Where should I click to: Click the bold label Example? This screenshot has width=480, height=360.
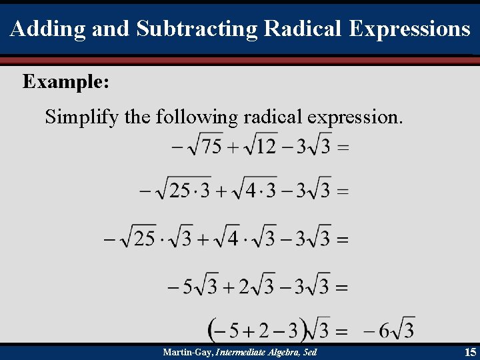(x=66, y=82)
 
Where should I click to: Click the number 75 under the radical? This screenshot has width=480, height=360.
(x=212, y=145)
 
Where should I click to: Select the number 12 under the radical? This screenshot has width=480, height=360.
(x=266, y=145)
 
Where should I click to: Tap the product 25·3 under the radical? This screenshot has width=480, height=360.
(x=189, y=191)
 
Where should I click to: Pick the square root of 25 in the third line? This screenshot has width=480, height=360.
(x=139, y=238)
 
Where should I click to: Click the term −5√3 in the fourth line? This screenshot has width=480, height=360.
(x=193, y=287)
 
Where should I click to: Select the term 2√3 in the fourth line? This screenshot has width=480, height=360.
(x=257, y=287)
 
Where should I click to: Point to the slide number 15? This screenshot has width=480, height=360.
(x=470, y=352)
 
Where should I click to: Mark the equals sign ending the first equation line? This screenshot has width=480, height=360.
(x=343, y=147)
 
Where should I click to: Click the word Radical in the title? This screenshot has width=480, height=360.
(x=303, y=29)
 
